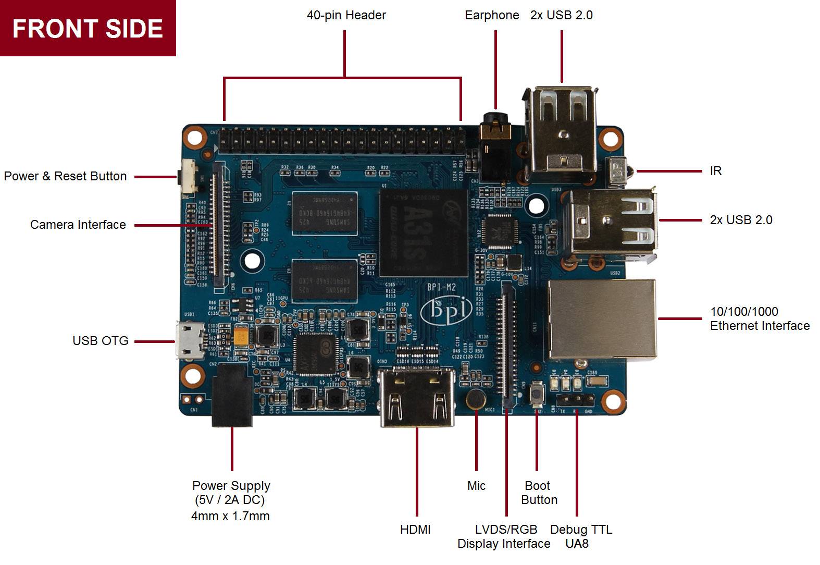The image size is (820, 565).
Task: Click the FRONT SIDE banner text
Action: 88,28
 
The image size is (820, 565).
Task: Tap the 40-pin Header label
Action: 346,15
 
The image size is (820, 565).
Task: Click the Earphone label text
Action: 491,15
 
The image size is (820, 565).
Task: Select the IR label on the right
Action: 715,171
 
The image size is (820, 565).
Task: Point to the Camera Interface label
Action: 78,225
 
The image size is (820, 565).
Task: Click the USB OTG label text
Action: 100,341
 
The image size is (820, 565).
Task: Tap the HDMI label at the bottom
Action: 415,530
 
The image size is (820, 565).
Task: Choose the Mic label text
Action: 476,486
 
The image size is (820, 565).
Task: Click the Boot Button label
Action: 539,493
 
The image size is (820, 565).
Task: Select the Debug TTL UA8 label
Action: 580,536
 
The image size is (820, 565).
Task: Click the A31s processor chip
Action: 424,232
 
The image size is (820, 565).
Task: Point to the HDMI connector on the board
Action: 417,397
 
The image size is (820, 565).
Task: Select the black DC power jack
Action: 232,395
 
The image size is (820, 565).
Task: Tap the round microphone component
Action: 476,399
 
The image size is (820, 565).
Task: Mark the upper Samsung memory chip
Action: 324,213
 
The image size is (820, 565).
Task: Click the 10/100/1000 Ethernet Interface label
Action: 759,318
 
